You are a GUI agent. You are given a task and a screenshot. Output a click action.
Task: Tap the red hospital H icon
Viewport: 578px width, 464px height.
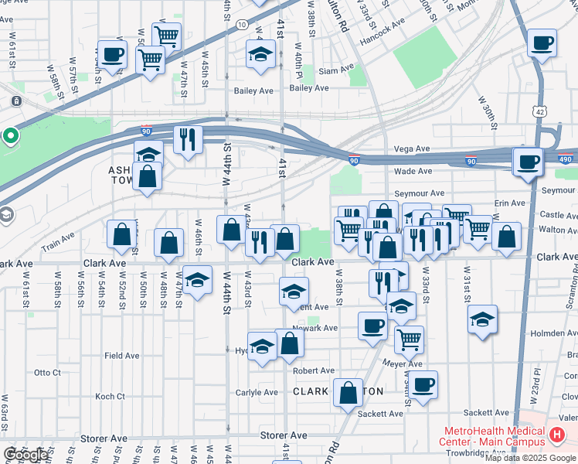click(557, 436)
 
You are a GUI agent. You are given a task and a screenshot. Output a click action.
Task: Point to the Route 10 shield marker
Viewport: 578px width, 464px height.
click(242, 25)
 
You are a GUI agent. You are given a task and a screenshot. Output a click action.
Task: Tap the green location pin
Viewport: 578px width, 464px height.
click(10, 137)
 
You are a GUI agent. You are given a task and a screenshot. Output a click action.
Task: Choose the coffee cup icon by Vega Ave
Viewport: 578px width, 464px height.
click(529, 162)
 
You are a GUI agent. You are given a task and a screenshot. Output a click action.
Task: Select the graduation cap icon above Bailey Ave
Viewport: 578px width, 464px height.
click(260, 54)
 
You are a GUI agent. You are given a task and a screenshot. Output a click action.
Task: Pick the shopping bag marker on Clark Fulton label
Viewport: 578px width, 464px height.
click(348, 392)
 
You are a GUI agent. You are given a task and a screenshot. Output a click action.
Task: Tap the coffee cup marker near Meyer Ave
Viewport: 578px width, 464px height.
click(423, 384)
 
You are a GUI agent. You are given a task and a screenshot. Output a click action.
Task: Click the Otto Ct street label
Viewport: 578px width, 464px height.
click(47, 372)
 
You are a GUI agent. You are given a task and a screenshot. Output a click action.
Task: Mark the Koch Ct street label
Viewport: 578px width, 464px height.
click(110, 397)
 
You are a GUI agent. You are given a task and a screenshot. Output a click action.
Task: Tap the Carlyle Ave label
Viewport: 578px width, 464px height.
click(257, 392)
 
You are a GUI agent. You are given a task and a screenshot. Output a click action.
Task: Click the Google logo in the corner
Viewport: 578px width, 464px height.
click(25, 455)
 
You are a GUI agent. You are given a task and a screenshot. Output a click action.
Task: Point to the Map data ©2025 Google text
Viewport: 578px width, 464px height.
click(530, 458)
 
